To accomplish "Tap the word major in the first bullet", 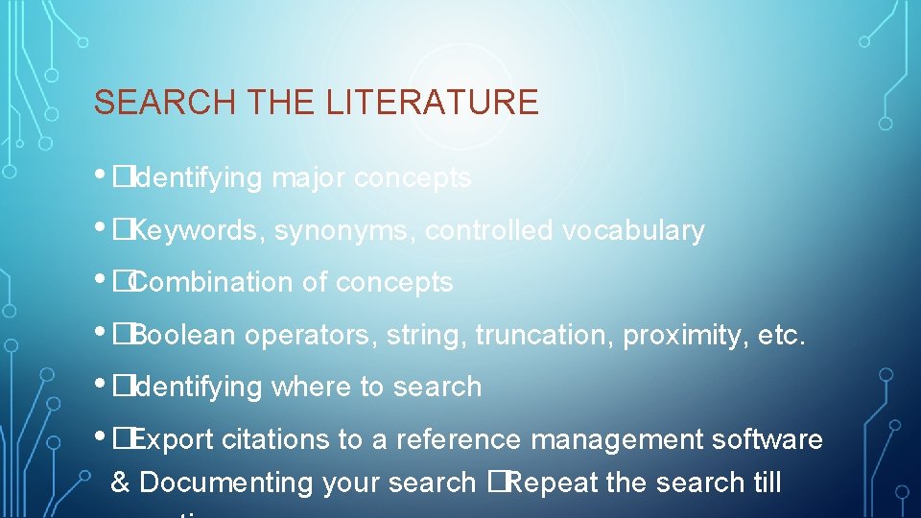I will (x=309, y=178).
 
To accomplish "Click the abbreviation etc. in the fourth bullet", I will (x=781, y=335).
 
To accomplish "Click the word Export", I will (x=173, y=439).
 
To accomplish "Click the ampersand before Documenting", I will (x=121, y=483).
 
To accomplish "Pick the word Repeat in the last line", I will (x=552, y=483).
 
